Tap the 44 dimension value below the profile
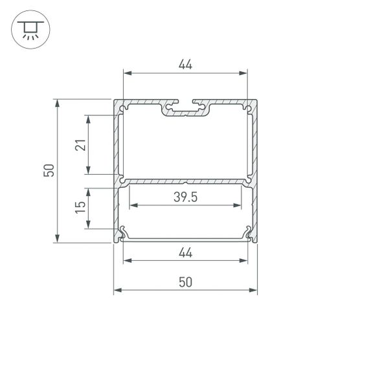point(185,253)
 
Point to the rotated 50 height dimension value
point(49,171)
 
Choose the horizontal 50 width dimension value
point(185,282)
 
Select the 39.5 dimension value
point(185,198)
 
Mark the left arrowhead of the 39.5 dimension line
point(132,207)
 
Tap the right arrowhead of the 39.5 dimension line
point(240,207)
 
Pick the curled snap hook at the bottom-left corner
point(122,233)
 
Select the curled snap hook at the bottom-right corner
point(249,233)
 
